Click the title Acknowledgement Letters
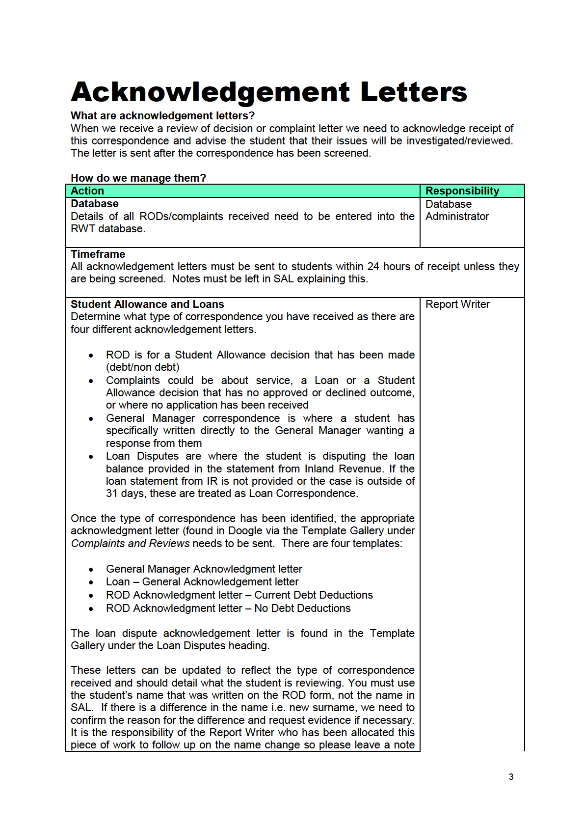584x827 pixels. click(x=268, y=92)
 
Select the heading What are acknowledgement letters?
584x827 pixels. click(x=162, y=116)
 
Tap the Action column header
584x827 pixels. click(x=87, y=191)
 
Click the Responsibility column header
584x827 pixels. click(x=462, y=191)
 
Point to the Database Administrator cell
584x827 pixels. click(x=457, y=210)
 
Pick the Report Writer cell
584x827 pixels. click(x=457, y=304)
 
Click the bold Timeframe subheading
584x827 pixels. click(x=98, y=254)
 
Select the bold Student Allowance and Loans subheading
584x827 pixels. click(x=147, y=304)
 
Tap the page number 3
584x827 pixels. click(x=511, y=777)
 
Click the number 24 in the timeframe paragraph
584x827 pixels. click(x=373, y=267)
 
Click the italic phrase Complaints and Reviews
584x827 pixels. click(x=130, y=544)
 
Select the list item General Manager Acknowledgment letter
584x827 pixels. click(x=204, y=569)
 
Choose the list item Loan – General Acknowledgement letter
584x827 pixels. click(x=202, y=582)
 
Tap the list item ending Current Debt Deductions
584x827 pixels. click(x=239, y=595)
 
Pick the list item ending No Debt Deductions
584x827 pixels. click(x=228, y=608)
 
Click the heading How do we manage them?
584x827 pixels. click(x=138, y=178)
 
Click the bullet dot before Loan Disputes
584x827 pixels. click(x=91, y=457)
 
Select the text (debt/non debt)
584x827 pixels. click(x=142, y=367)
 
